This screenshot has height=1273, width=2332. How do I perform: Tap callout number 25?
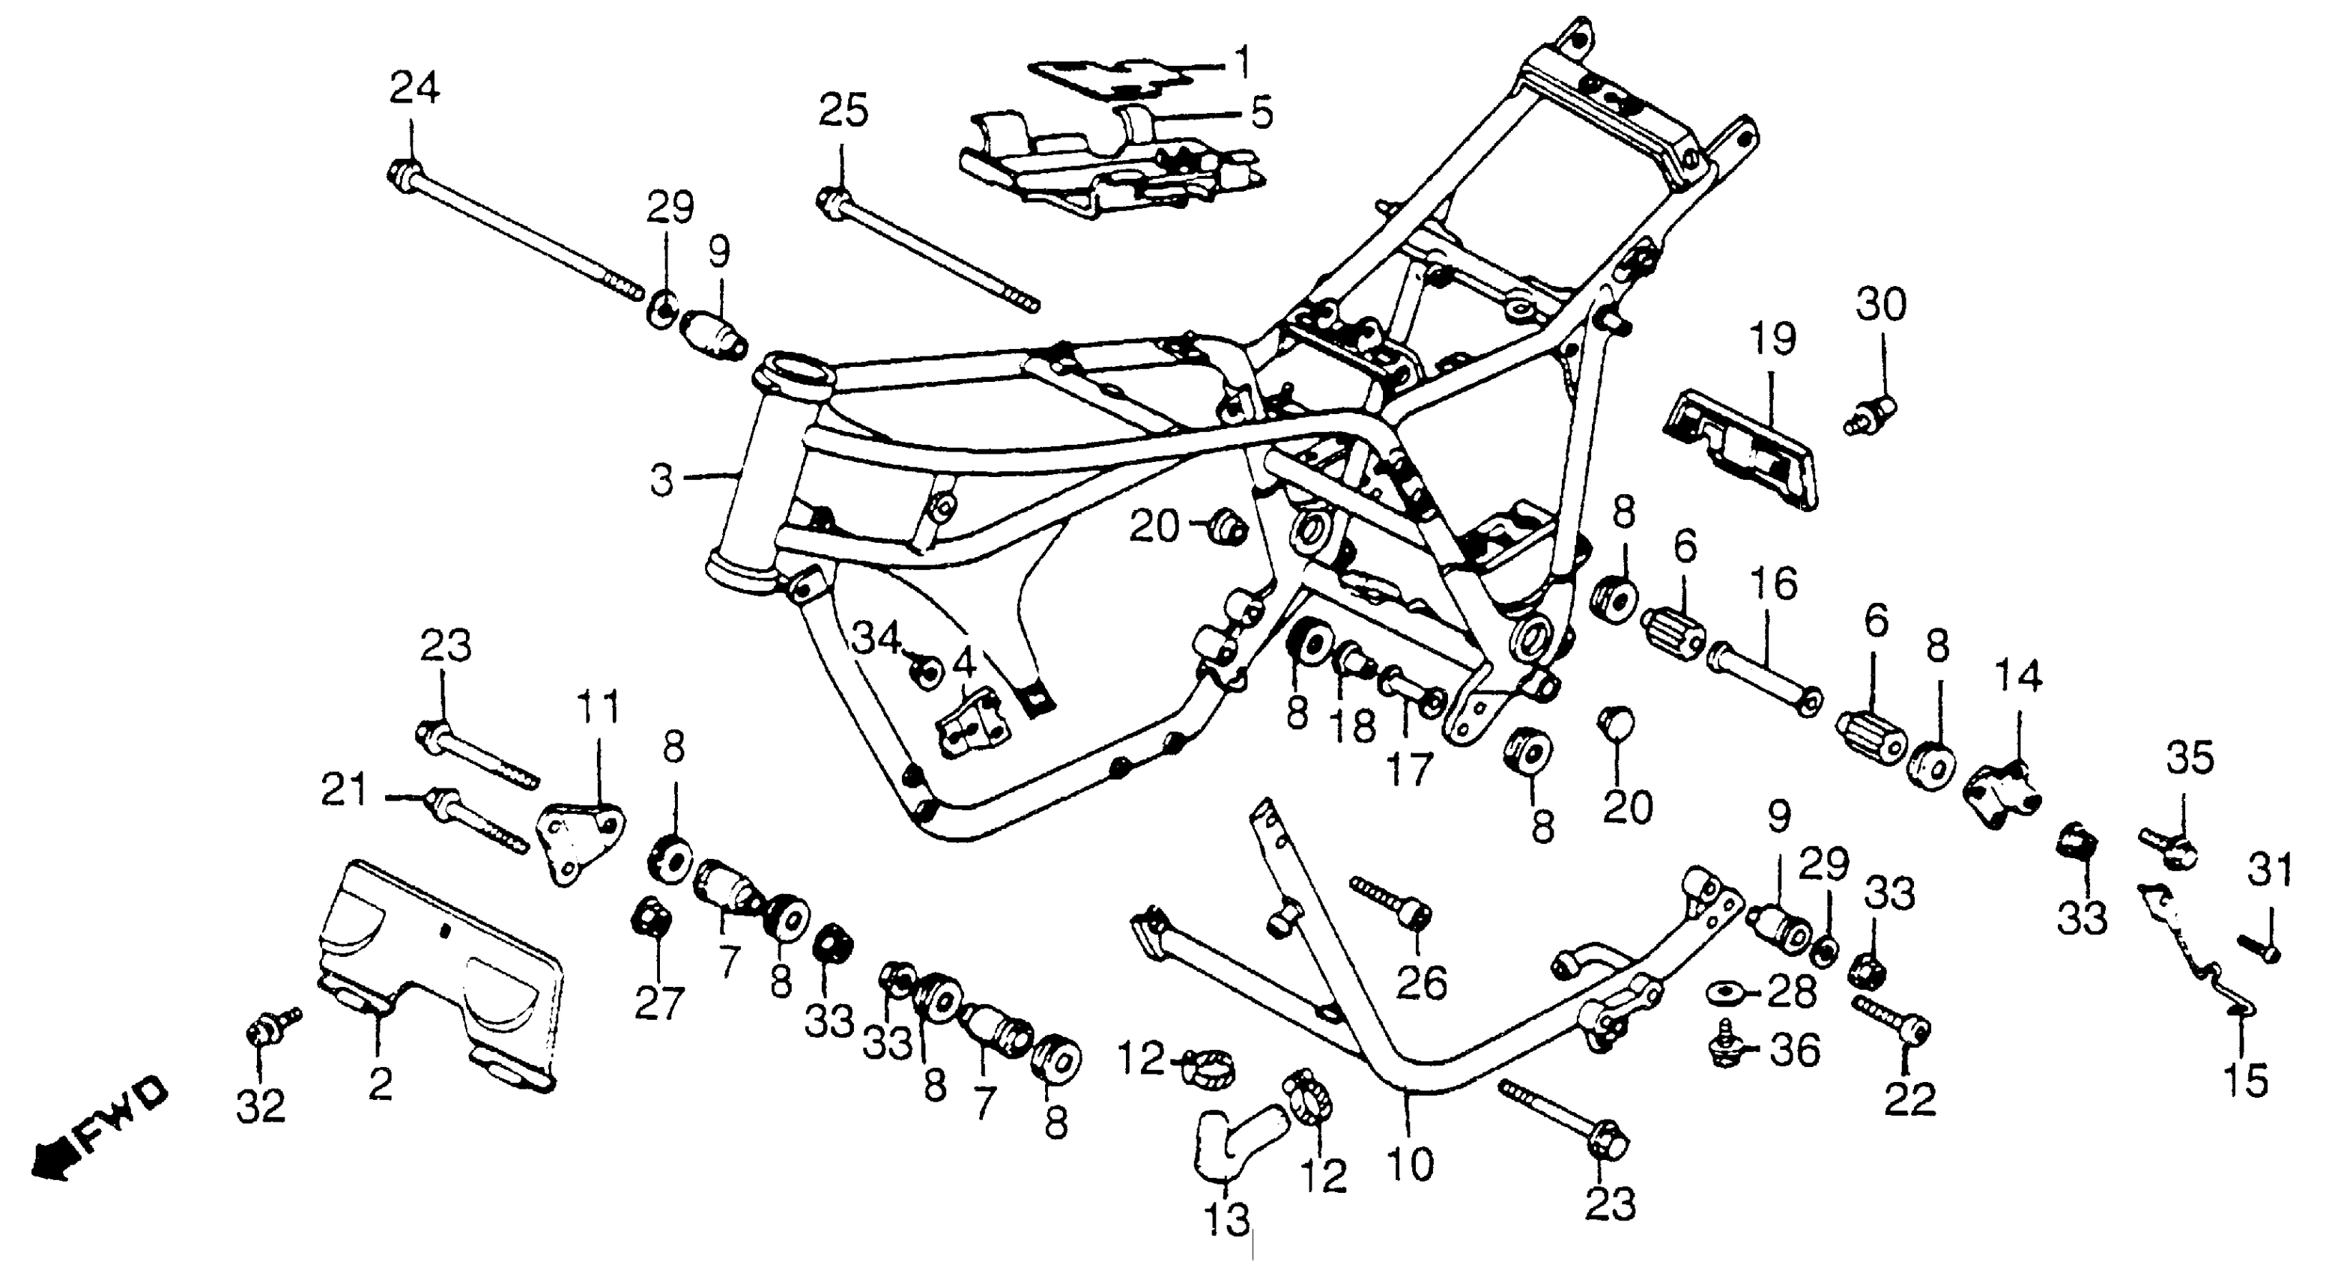point(844,112)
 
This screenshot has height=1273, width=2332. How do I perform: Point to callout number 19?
point(1772,341)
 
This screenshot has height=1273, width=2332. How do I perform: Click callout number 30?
point(1881,306)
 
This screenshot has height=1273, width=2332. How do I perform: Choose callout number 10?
point(1410,1164)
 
